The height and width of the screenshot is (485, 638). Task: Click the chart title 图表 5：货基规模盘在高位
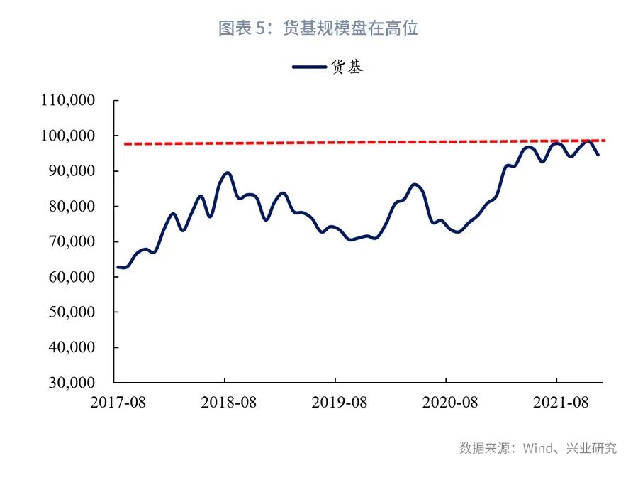pos(318,28)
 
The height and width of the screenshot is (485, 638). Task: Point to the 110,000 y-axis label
pos(68,100)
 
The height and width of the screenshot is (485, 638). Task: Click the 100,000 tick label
pos(68,136)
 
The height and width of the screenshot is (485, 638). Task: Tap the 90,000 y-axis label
pos(72,171)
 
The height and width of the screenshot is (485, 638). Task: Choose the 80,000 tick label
pos(72,207)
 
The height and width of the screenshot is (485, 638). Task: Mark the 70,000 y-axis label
pos(72,241)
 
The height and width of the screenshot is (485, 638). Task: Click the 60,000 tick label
pos(72,277)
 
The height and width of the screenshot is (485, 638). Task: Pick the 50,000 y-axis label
pos(72,312)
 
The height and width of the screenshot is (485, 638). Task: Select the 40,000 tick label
pos(72,348)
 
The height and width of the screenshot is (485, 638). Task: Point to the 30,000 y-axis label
pos(72,383)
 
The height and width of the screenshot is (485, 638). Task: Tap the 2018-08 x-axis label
pos(228,403)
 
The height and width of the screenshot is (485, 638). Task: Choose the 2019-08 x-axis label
pos(339,403)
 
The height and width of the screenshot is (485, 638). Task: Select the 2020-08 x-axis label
pos(449,403)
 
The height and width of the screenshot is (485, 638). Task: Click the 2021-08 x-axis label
pos(560,403)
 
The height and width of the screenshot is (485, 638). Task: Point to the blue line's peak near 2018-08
pos(227,173)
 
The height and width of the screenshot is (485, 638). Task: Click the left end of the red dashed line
pos(125,144)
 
